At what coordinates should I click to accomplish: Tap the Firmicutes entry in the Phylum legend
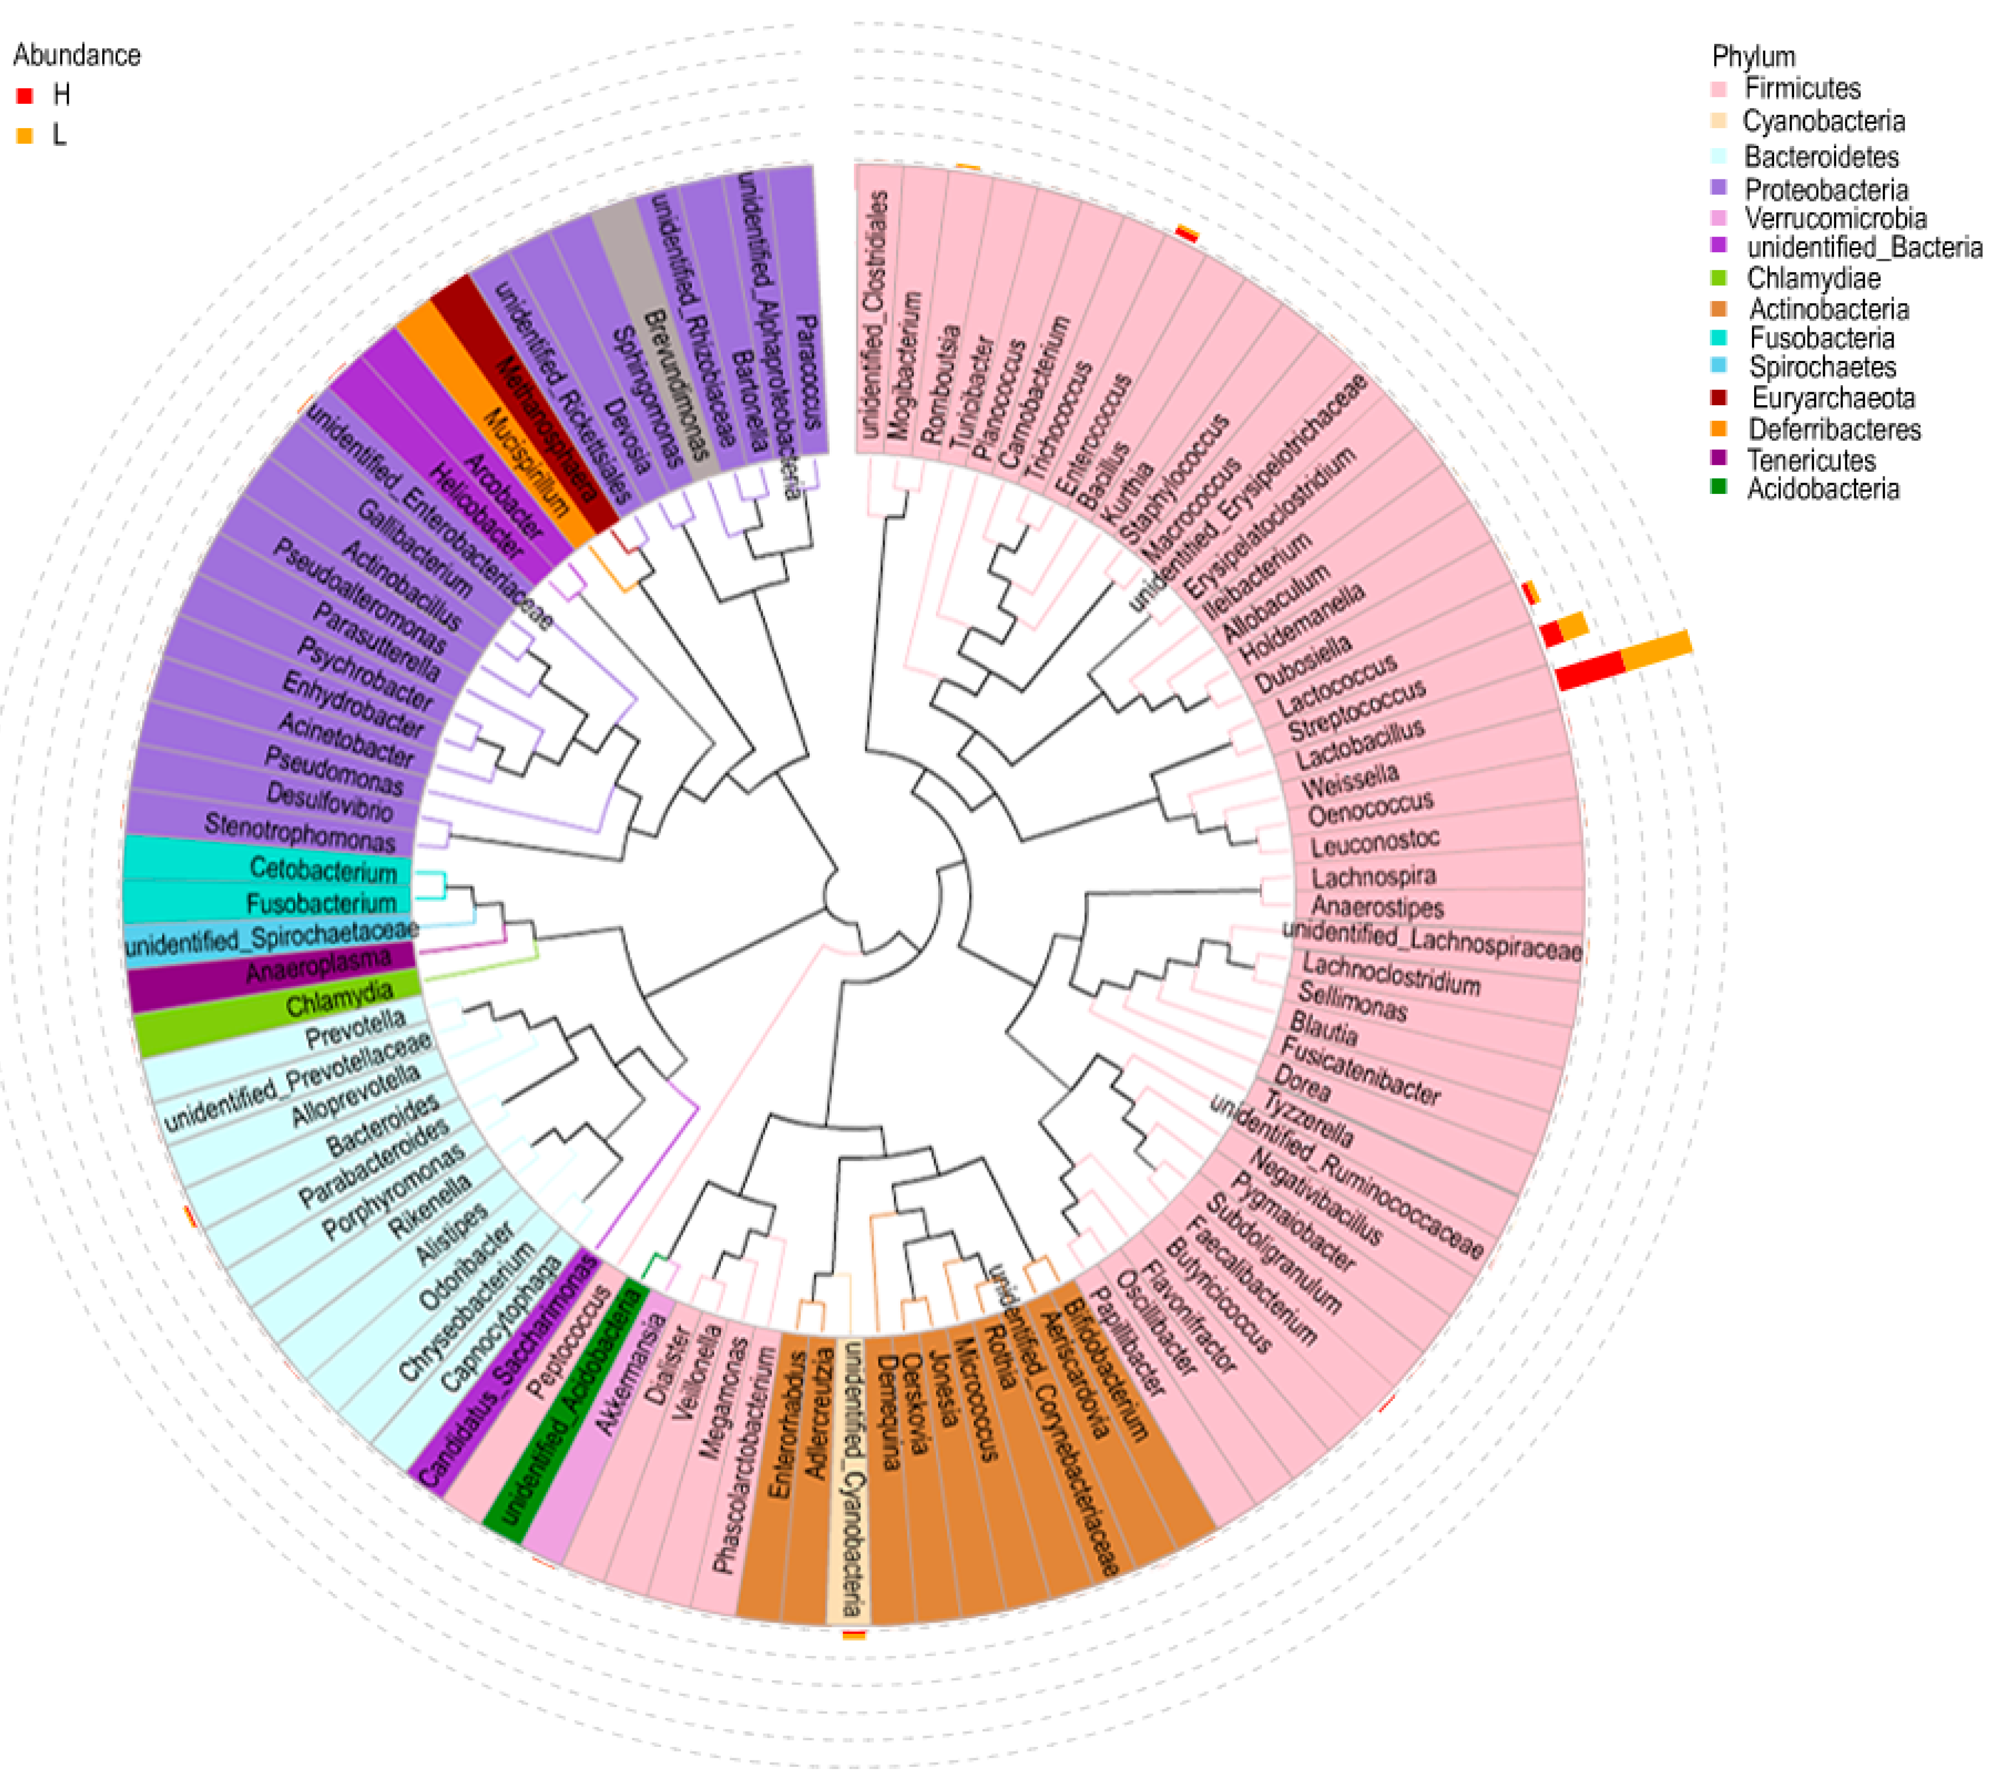1801,89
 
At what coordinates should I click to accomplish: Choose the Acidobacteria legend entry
1822,488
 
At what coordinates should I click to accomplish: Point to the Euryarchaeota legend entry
1832,398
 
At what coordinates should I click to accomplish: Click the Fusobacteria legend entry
1821,338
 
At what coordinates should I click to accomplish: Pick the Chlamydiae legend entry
1813,278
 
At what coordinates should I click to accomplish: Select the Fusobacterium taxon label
320,902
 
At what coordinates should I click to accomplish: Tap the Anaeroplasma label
318,965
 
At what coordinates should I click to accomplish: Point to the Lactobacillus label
1359,744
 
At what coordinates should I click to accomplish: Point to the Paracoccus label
808,372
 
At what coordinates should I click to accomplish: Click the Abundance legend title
77,55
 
